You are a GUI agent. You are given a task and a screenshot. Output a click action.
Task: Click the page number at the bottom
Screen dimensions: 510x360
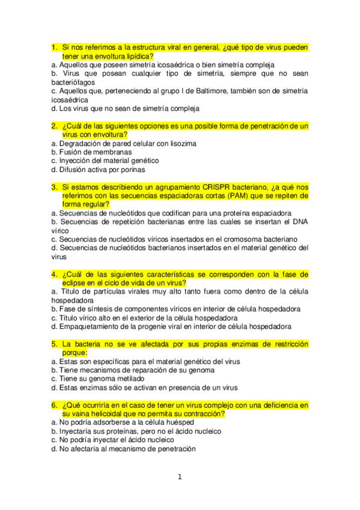click(x=179, y=478)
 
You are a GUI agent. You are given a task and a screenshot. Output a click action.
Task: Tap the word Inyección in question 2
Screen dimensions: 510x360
click(x=76, y=161)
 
